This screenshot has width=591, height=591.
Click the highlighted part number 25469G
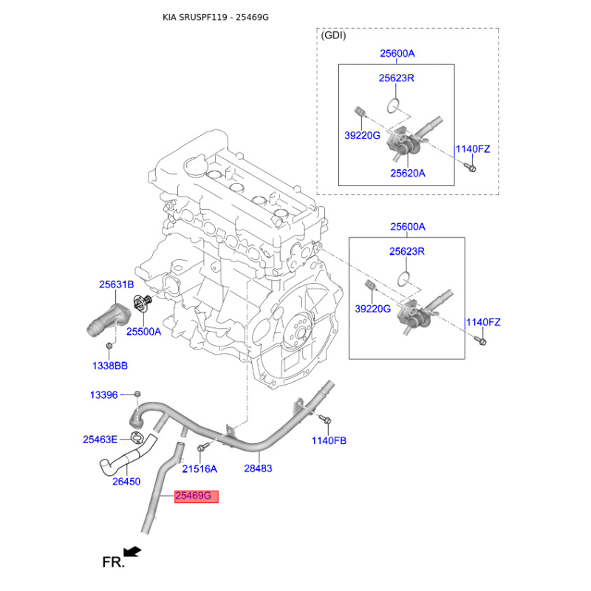[x=197, y=496]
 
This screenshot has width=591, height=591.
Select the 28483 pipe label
[x=258, y=468]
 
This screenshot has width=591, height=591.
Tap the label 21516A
[x=199, y=468]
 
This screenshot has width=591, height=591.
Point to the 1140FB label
[x=329, y=440]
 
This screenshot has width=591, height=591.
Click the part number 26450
[x=126, y=482]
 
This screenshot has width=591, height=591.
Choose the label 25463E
[x=100, y=440]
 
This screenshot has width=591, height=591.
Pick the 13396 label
[x=103, y=395]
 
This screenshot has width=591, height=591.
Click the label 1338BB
[x=109, y=365]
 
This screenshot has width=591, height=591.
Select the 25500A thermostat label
[x=143, y=332]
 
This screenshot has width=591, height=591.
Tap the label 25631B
[x=117, y=284]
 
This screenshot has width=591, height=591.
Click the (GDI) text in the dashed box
[x=333, y=35]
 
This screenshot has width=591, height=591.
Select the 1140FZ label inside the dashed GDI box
[x=472, y=149]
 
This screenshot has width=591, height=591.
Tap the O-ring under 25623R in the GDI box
[x=397, y=103]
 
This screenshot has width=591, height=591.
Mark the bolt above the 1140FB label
[x=324, y=420]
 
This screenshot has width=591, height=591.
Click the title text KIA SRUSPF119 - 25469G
[x=216, y=16]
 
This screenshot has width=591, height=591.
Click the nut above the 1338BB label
[x=109, y=346]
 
